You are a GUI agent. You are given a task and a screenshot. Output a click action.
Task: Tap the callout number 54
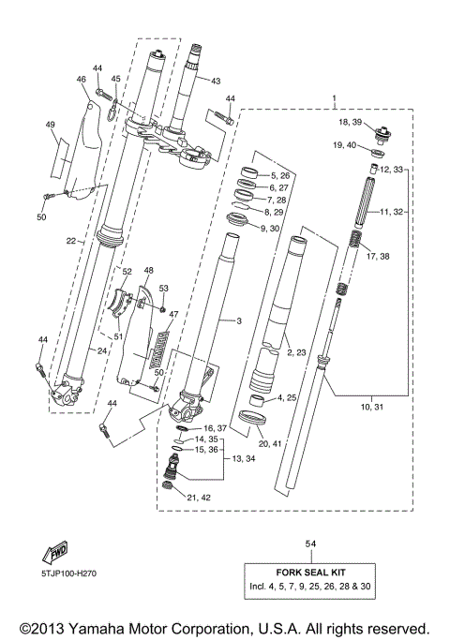tap(310, 543)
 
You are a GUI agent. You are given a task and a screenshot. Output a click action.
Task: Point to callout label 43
tap(215, 82)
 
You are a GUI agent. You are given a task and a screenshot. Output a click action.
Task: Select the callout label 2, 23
tap(297, 353)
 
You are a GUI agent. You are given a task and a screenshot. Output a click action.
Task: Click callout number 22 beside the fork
tap(70, 240)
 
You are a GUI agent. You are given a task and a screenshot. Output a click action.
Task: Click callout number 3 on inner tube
tap(239, 321)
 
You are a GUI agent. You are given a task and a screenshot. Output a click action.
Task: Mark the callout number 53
tap(163, 289)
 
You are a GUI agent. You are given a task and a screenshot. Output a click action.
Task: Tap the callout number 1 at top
tap(334, 98)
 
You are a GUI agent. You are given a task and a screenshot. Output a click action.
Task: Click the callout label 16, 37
tap(215, 426)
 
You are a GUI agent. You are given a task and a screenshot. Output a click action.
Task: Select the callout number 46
tap(81, 81)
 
